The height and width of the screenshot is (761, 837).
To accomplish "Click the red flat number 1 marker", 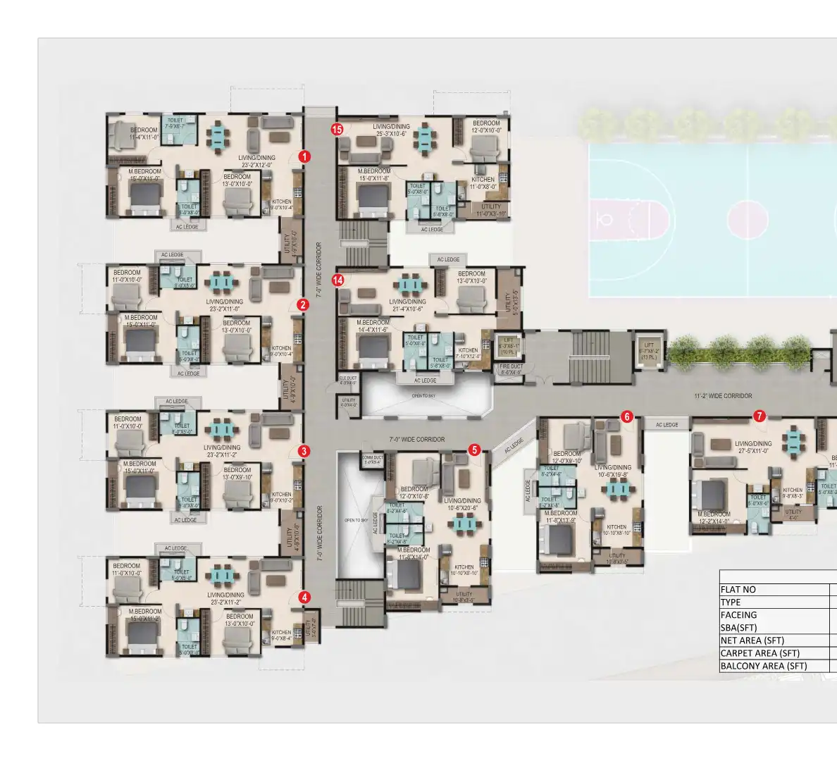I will (x=304, y=156).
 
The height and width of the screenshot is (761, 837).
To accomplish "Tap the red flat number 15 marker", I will (x=337, y=129).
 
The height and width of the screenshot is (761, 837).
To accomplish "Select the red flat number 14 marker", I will (x=338, y=280).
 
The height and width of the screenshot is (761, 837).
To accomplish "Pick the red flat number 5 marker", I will (x=474, y=449).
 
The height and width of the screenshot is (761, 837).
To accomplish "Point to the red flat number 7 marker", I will (x=759, y=416).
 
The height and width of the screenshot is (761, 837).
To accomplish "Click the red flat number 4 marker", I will (x=304, y=597).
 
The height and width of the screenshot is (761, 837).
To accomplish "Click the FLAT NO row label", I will (x=738, y=590).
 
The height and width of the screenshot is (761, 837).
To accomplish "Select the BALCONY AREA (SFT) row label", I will (x=763, y=666).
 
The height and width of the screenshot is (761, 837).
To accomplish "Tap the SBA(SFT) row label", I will (x=738, y=628).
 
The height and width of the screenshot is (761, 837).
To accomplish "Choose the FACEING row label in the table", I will (x=738, y=615).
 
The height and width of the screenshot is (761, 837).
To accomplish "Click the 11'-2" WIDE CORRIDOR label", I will (x=723, y=396).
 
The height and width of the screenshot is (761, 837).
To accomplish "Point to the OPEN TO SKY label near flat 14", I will (x=423, y=396).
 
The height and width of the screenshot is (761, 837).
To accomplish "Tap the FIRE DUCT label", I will (x=511, y=369).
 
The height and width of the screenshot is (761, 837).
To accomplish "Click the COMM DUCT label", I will (x=372, y=459).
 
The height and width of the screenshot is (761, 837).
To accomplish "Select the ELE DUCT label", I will (x=348, y=380).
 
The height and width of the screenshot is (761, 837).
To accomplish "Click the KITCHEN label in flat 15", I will (x=483, y=180).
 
